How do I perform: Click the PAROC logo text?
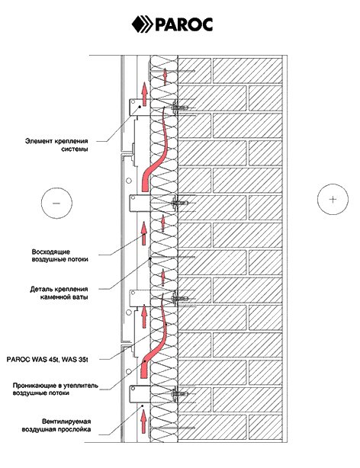pyautogui.click(x=184, y=24)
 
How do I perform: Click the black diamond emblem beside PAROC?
pyautogui.click(x=138, y=24)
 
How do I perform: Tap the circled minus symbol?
pyautogui.click(x=56, y=203)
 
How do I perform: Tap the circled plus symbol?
pyautogui.click(x=333, y=199)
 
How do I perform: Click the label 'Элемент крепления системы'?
pyautogui.click(x=56, y=145)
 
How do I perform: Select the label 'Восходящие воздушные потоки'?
pyautogui.click(x=60, y=255)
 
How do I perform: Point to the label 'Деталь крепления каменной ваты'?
pyautogui.click(x=59, y=293)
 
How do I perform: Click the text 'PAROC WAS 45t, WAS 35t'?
pyautogui.click(x=47, y=359)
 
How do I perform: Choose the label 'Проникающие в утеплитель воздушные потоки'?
pyautogui.click(x=55, y=389)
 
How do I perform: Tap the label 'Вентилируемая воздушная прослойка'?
pyautogui.click(x=56, y=425)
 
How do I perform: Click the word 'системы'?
pyautogui.click(x=75, y=149)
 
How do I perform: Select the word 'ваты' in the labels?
pyautogui.click(x=80, y=297)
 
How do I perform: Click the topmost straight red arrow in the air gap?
pyautogui.click(x=144, y=95)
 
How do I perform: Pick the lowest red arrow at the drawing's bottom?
pyautogui.click(x=143, y=421)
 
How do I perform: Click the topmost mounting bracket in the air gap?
pyautogui.click(x=140, y=107)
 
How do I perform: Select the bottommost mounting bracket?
pyautogui.click(x=140, y=394)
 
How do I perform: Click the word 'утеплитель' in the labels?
pyautogui.click(x=81, y=386)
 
